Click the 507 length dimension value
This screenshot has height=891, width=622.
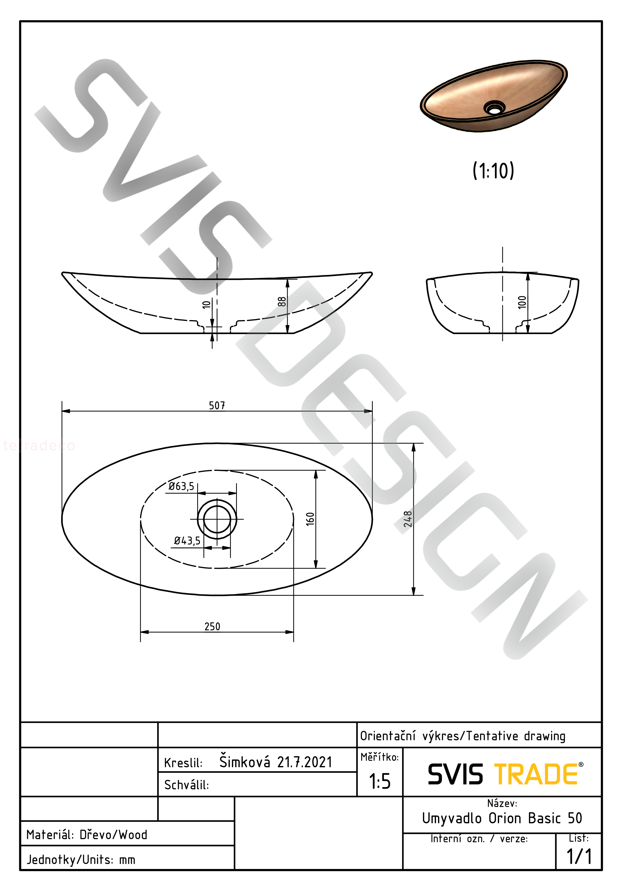coord(217,405)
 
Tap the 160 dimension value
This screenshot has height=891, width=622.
coord(310,519)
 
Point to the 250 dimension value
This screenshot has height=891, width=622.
coord(212,626)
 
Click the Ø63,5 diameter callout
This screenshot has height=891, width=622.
coord(181,486)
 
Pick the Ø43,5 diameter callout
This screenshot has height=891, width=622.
coord(187,541)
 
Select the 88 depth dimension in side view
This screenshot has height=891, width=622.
coord(282,301)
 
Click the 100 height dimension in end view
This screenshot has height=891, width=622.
coord(522,302)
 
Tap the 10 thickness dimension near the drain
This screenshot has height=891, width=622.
coord(206,304)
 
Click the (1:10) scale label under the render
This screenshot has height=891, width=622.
coord(493,170)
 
